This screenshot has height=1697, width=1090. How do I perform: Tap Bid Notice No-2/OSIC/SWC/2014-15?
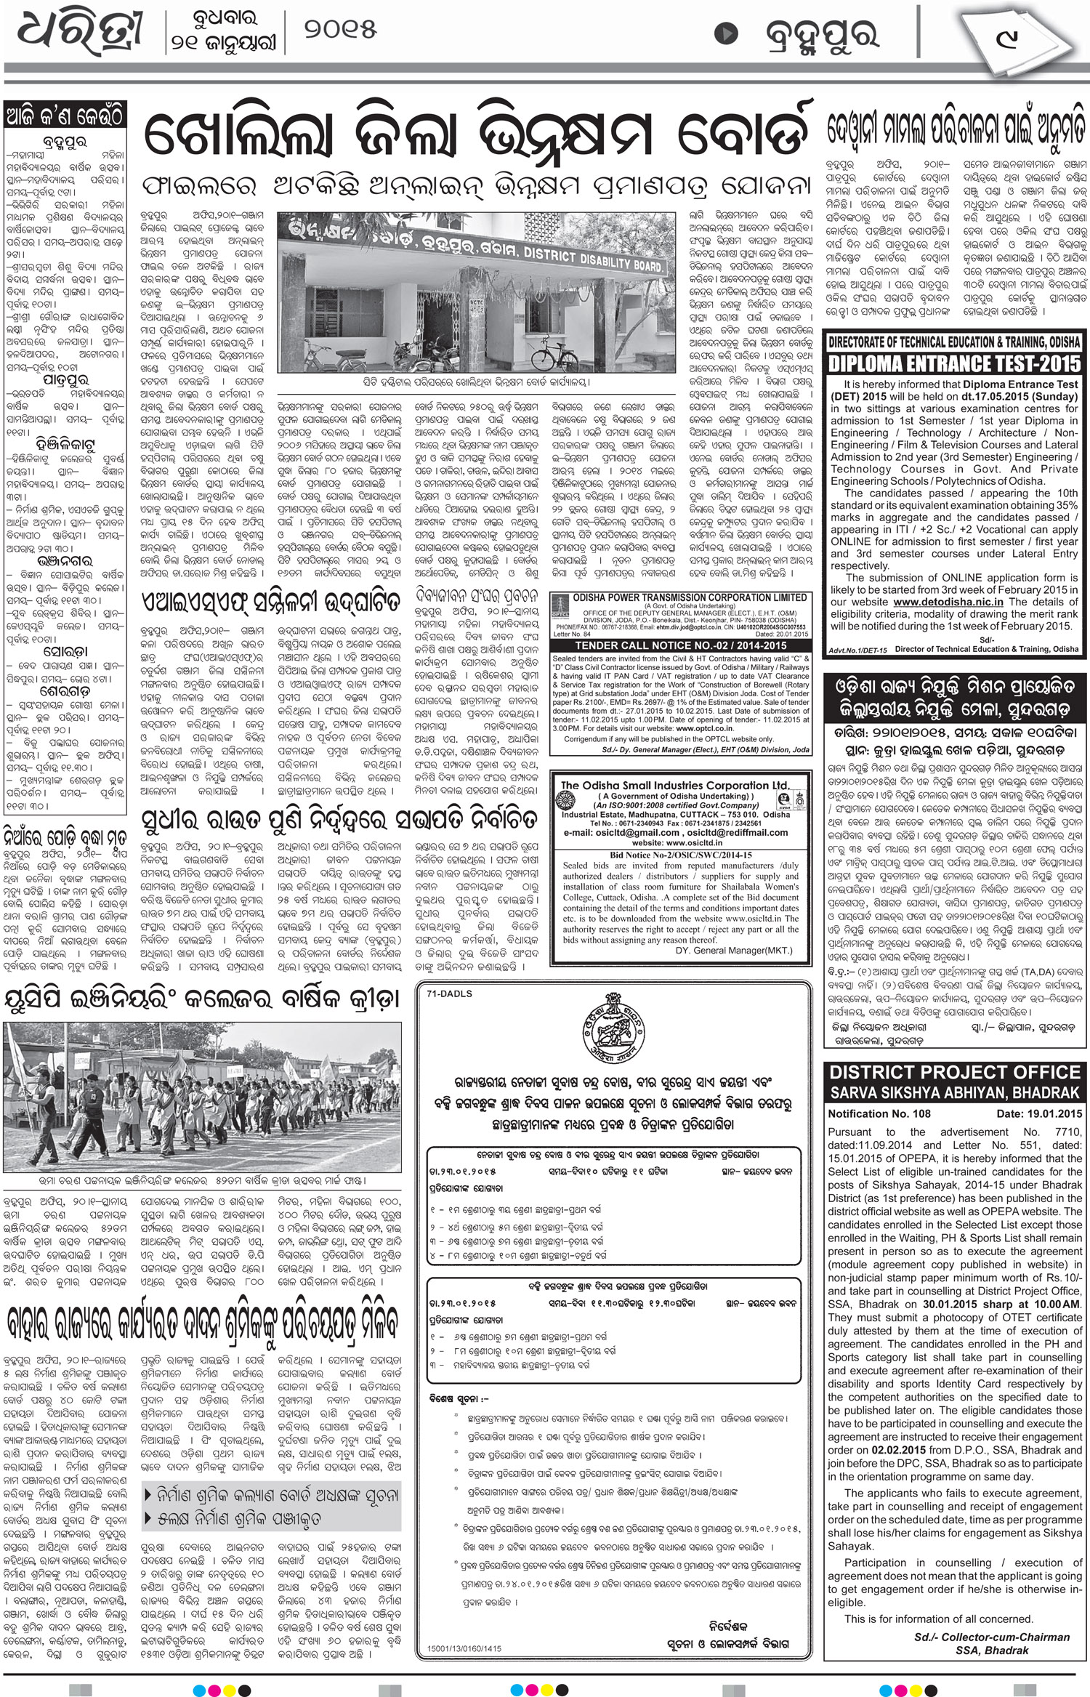coord(680,855)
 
